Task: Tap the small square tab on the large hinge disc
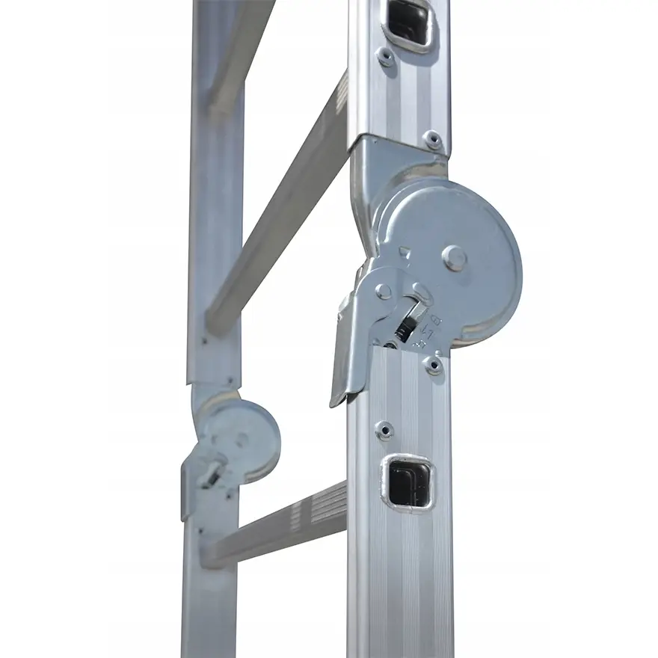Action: [405, 252]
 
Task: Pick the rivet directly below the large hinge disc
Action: [431, 365]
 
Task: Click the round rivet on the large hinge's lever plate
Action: [384, 291]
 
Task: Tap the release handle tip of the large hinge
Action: [341, 389]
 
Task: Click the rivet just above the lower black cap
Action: [384, 430]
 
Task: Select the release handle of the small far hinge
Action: [187, 493]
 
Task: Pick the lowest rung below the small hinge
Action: [277, 527]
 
